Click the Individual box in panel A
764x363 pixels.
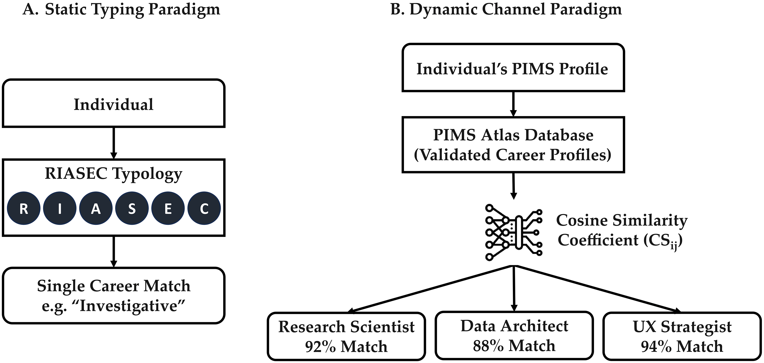114,104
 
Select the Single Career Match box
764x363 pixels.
114,295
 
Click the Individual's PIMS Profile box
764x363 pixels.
513,68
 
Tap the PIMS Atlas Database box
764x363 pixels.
513,145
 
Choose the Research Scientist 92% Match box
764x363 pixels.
346,336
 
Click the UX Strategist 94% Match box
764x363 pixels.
682,336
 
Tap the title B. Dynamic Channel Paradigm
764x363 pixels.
506,10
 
